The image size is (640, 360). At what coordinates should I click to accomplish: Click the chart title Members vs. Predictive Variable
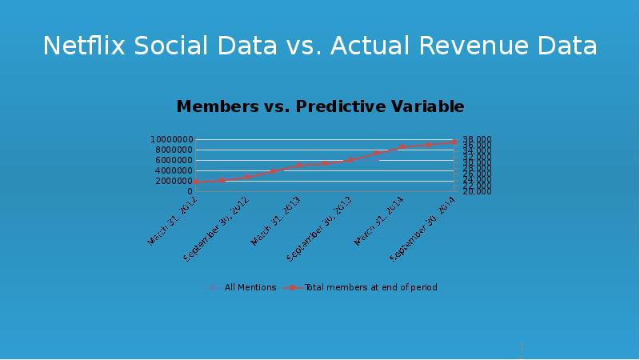(320, 106)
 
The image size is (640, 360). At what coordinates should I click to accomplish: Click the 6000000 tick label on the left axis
(174, 160)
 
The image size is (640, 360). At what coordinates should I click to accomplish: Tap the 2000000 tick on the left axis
(174, 181)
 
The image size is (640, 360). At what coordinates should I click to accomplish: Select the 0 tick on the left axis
(190, 191)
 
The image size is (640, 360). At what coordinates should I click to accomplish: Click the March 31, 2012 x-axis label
(173, 220)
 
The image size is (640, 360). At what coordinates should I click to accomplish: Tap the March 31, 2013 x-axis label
(276, 220)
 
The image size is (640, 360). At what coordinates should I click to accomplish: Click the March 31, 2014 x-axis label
(379, 220)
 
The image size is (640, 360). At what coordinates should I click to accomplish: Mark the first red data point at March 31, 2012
(197, 182)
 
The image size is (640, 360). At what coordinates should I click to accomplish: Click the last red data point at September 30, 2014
(454, 142)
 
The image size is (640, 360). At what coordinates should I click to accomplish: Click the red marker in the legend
(293, 287)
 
